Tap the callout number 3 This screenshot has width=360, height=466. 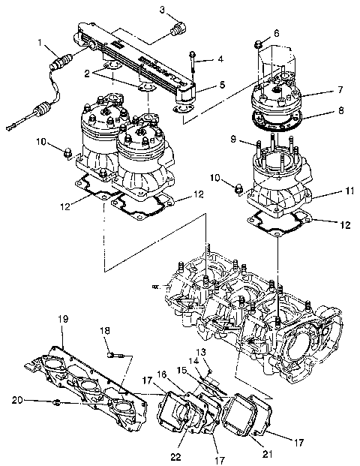pyautogui.click(x=162, y=9)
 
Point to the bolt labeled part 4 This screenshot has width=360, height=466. pyautogui.click(x=193, y=68)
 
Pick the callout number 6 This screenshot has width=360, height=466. pyautogui.click(x=276, y=34)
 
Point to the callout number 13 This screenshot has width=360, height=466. pyautogui.click(x=201, y=351)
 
